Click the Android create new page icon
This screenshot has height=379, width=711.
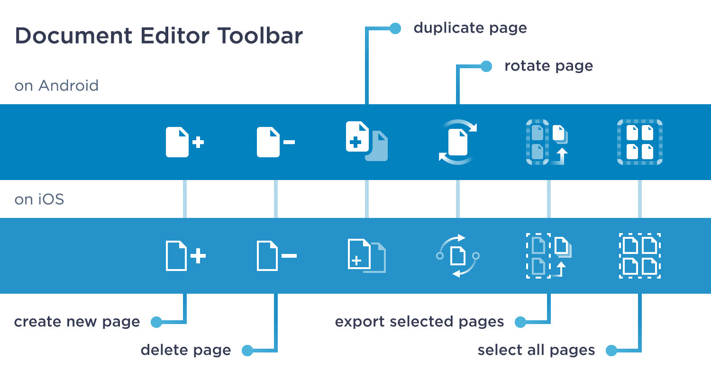click(x=184, y=142)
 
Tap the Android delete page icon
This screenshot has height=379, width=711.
click(x=275, y=142)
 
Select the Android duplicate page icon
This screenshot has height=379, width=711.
click(x=366, y=142)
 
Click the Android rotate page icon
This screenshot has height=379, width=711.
click(x=457, y=142)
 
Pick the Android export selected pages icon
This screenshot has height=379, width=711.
click(x=547, y=142)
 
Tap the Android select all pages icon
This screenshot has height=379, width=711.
click(x=639, y=142)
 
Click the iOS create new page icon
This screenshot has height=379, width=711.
click(x=185, y=256)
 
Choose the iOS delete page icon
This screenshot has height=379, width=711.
click(x=276, y=256)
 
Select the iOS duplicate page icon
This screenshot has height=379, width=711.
click(x=366, y=256)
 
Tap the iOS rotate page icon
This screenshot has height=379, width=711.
click(x=457, y=256)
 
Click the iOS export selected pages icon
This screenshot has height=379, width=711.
click(x=548, y=256)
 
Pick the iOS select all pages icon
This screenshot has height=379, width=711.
click(x=639, y=256)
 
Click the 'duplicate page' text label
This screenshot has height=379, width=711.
click(x=470, y=28)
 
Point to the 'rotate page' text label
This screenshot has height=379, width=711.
click(x=548, y=66)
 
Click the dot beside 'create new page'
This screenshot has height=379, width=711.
click(x=156, y=322)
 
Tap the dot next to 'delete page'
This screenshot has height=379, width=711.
click(x=247, y=351)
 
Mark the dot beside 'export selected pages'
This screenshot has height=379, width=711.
click(x=520, y=322)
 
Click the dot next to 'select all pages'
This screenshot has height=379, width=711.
click(x=611, y=351)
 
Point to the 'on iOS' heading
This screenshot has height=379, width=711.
click(x=39, y=199)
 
